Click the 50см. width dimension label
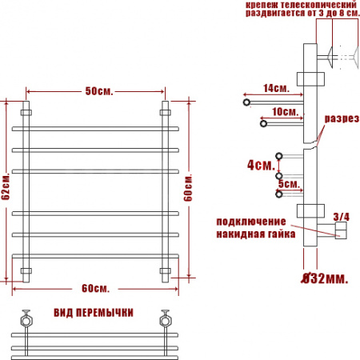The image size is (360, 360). (99, 91)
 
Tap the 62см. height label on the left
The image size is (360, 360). (6, 186)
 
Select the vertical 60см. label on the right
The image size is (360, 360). (188, 187)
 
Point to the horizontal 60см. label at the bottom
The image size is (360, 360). (95, 288)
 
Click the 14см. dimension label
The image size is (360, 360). (276, 88)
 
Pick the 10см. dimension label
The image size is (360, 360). (285, 112)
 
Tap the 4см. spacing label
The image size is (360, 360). (261, 165)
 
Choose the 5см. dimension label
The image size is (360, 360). (289, 183)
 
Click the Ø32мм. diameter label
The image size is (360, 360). (325, 278)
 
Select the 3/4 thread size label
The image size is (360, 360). (342, 217)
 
